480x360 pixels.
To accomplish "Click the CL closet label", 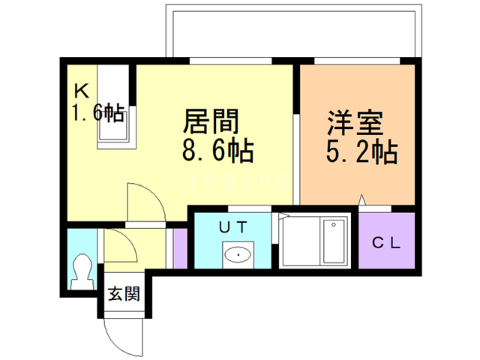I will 387,244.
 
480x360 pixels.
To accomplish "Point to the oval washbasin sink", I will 238,254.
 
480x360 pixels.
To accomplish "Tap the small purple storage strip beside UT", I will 180,248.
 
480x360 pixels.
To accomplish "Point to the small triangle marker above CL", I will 361,200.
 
